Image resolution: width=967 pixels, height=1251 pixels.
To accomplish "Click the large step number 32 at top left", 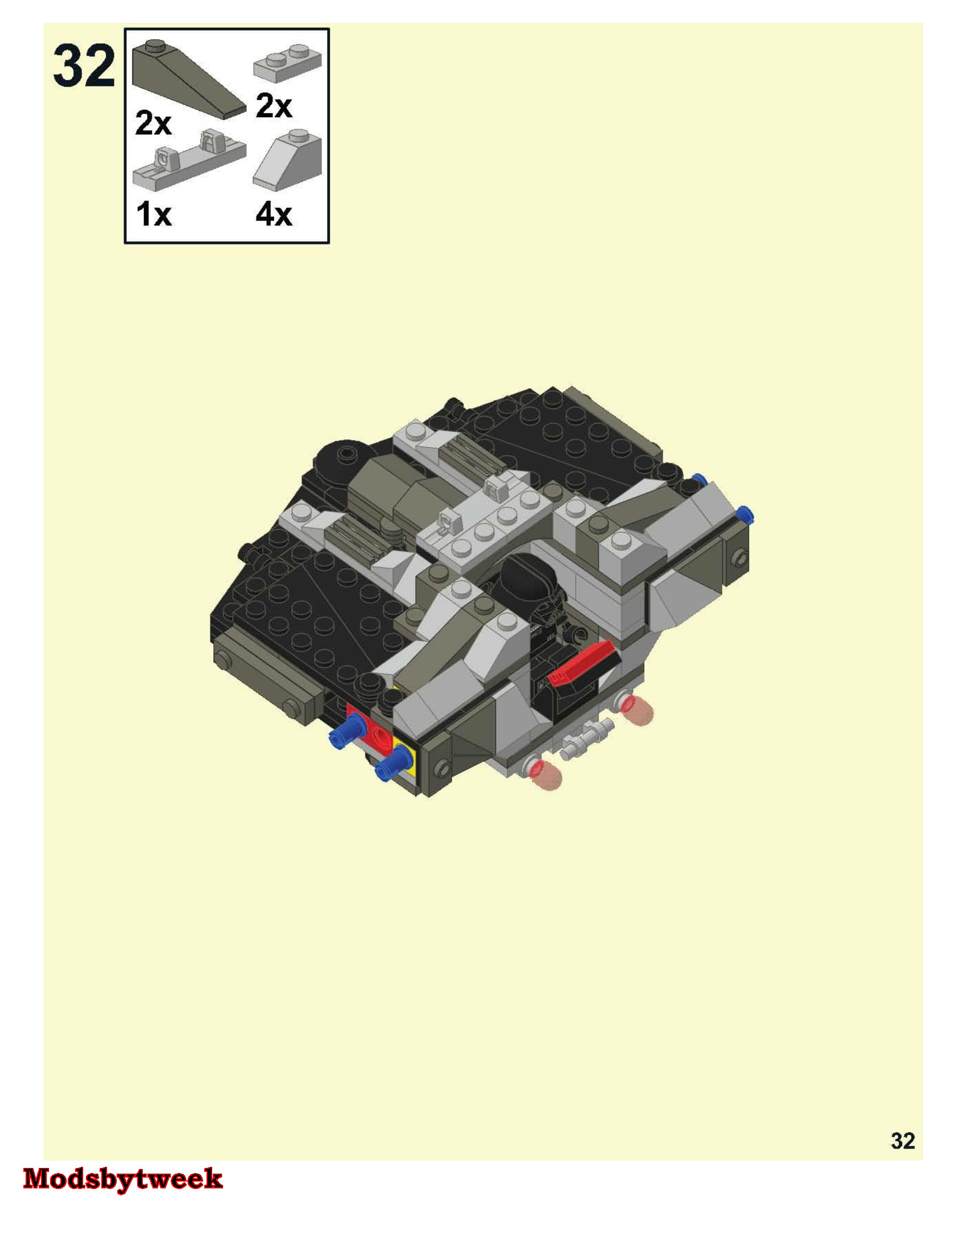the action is (84, 67).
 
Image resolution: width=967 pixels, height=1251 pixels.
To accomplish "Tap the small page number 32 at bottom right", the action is (903, 1141).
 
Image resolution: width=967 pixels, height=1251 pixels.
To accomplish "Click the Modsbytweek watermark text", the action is (123, 1178).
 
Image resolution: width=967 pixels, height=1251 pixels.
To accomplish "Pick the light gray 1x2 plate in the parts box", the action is (288, 60).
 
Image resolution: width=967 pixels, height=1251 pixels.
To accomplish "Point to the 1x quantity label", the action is (154, 215).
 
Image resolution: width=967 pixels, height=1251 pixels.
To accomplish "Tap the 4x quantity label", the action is (274, 215).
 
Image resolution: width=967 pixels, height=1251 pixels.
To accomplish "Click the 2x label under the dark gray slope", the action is (153, 123).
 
